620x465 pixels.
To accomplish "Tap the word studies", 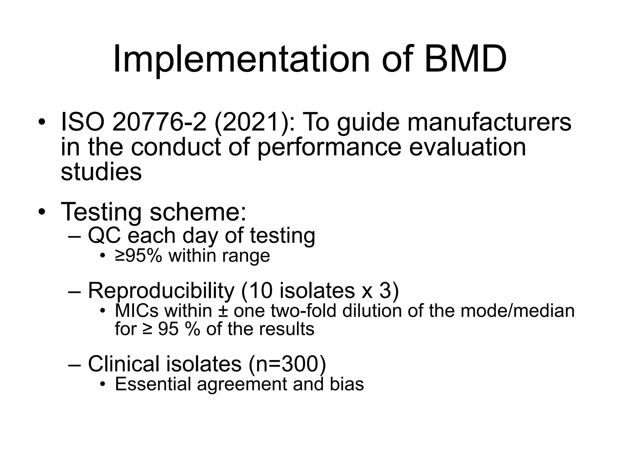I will coord(101,172).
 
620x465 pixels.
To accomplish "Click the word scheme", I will coord(198,212).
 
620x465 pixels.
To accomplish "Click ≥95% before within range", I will coord(139,256).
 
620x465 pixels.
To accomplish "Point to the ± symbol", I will coord(223,311).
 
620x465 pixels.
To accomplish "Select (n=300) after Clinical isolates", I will coord(287,364).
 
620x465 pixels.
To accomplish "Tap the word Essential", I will coord(153,384).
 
